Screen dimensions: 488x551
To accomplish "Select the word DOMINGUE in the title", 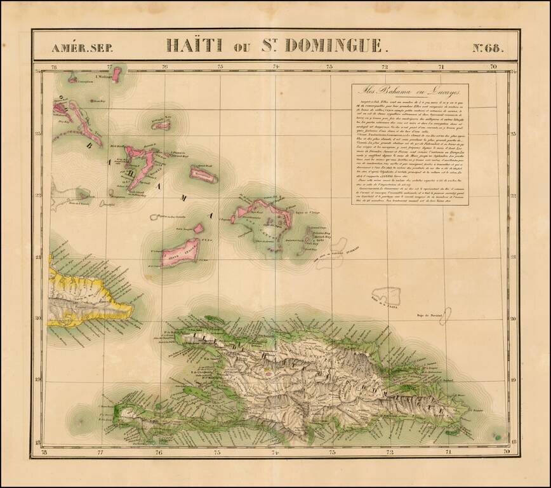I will click(334, 45).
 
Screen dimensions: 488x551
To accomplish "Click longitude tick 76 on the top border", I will click(165, 66).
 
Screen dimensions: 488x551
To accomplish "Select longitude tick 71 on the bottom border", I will click(448, 452).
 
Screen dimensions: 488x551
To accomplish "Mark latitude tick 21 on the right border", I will click(513, 257).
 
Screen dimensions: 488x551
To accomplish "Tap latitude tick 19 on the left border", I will click(39, 380).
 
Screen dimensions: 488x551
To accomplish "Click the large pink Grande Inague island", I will click(180, 252).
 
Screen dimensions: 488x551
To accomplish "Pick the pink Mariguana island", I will click(204, 173).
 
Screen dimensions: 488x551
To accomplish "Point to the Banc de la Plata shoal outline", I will click(386, 295).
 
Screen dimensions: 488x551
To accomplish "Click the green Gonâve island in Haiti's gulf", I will click(196, 393).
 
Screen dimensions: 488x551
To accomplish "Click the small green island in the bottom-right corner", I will click(498, 438).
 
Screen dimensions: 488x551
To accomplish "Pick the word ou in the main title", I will click(242, 46).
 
